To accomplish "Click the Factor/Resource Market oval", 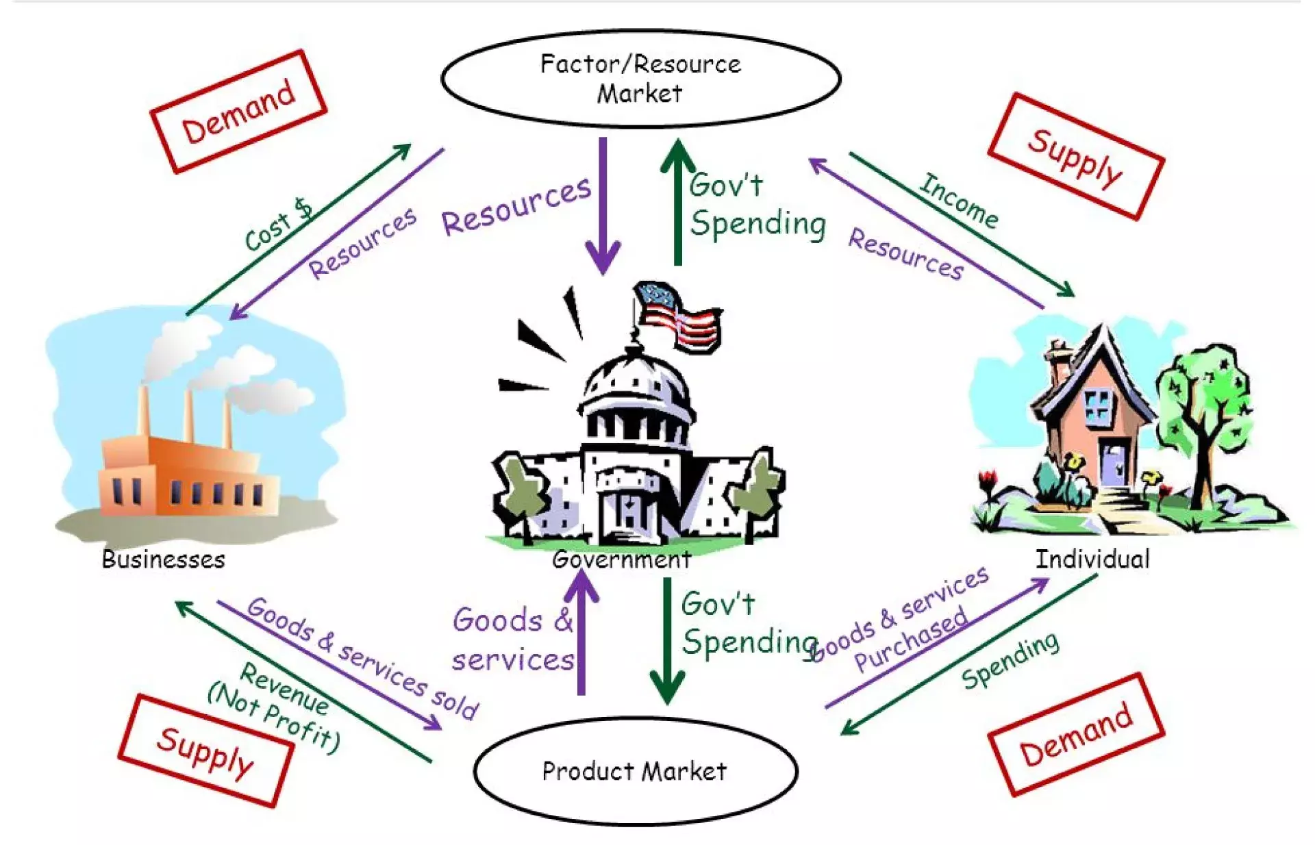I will pos(640,78).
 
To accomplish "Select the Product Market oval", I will pos(635,771).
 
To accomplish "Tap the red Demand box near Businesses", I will pos(238,111).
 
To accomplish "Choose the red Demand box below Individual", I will pos(1075,735).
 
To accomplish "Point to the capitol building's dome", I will pos(636,387).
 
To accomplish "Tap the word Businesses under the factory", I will pos(163,559).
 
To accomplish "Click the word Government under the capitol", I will pos(621,559).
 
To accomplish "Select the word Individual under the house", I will pos(1092,559).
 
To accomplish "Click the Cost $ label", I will pos(277,225).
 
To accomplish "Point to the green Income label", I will pos(958,200).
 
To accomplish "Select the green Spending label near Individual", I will pos(1010,660).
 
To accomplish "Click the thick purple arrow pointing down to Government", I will pos(603,205).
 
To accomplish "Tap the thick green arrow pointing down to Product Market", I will pos(667,640).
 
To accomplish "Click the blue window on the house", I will pos(1097,405).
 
